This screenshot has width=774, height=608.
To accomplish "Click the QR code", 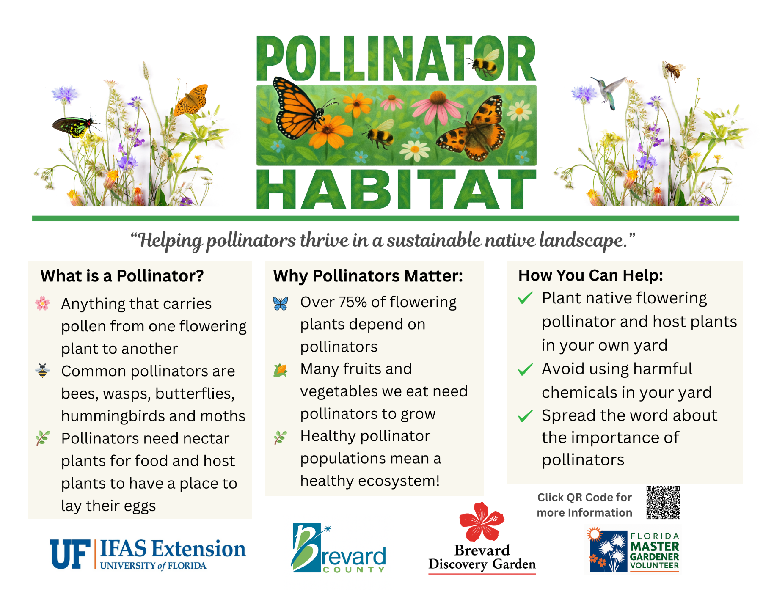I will tap(663, 502).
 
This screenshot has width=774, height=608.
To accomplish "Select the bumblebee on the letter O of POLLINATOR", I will tap(485, 63).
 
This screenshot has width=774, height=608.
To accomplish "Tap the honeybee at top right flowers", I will tap(672, 70).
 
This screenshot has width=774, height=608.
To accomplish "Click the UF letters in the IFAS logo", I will tap(70, 553).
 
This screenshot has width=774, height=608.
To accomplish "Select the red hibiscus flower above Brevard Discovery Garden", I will tap(482, 521).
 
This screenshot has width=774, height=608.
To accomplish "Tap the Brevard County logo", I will tap(338, 549).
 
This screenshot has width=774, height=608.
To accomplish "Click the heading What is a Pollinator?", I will tap(122, 276).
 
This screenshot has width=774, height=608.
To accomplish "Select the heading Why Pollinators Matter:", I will tap(368, 276).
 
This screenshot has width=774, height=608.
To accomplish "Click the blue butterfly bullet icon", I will tap(280, 303).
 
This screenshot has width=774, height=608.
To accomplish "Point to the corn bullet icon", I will tap(280, 371).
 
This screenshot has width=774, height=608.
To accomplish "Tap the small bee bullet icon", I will tap(42, 371).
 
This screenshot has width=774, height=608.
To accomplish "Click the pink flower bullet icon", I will tap(42, 303).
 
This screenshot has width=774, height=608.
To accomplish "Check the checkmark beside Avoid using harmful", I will tap(525, 369).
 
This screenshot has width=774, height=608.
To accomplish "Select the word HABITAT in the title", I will tap(396, 189).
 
